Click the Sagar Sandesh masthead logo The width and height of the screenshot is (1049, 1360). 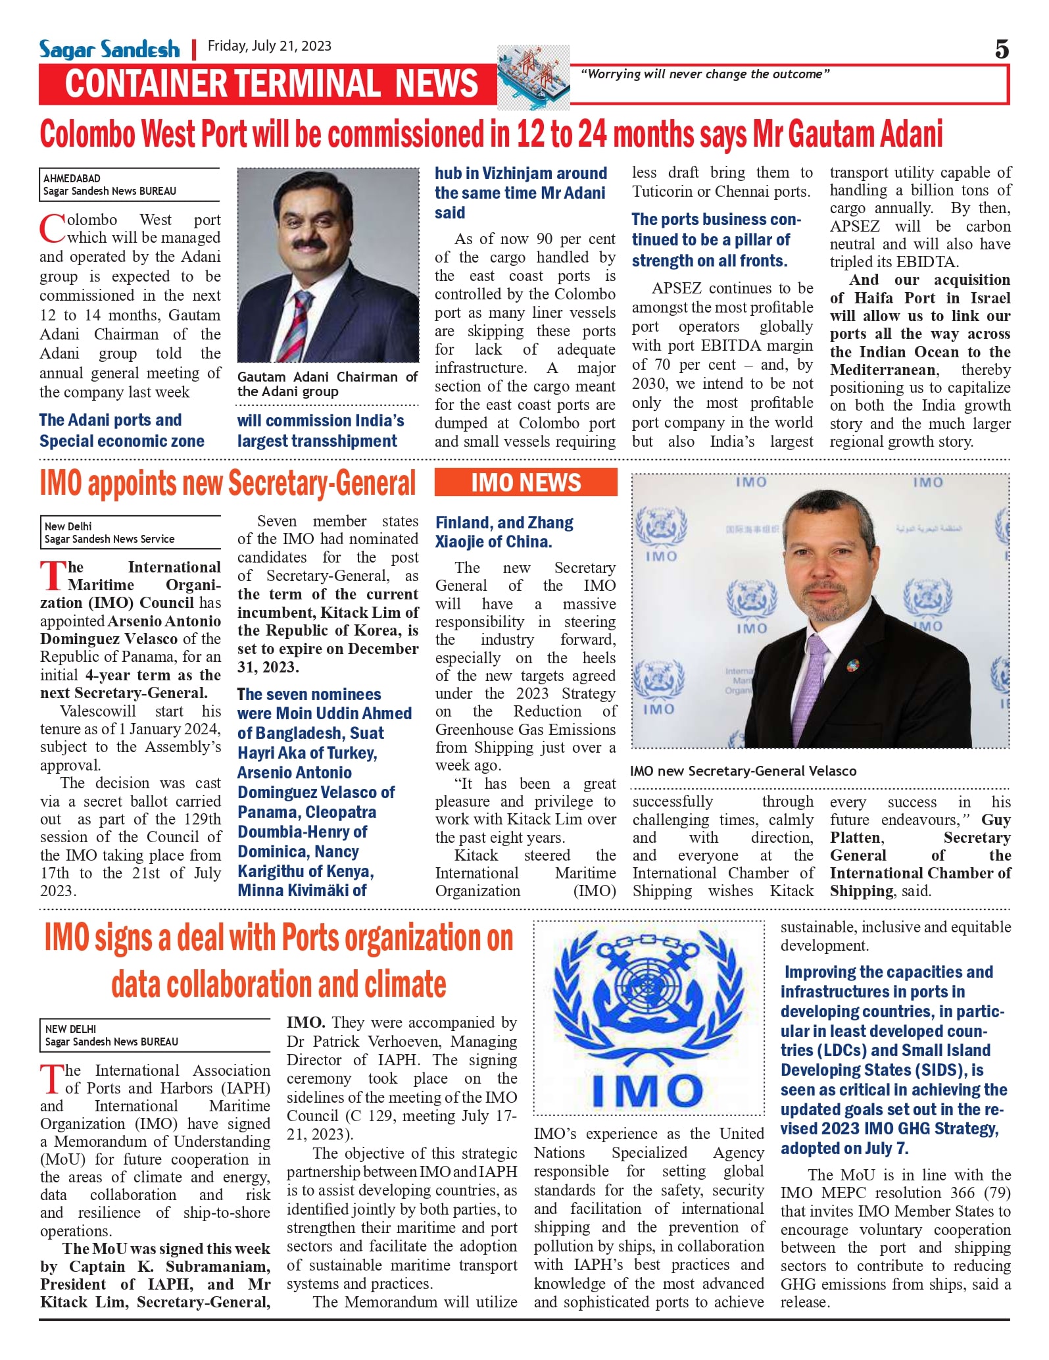109,49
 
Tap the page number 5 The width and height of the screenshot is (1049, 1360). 1002,49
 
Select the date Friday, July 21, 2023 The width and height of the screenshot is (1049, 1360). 270,46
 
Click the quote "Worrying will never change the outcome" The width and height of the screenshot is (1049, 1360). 705,74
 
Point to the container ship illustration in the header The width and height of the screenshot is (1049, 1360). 533,77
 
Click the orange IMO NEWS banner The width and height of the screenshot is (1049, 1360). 526,483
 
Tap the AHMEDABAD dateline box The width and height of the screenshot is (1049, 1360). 130,185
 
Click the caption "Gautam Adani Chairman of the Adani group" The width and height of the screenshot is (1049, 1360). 328,384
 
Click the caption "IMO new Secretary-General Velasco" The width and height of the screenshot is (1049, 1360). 743,771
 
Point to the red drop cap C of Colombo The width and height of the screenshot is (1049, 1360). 52,229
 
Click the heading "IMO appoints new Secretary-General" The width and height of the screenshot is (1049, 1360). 228,484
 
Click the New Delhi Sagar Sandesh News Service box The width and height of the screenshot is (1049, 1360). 130,532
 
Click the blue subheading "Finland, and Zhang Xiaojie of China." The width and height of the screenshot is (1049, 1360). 504,532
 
